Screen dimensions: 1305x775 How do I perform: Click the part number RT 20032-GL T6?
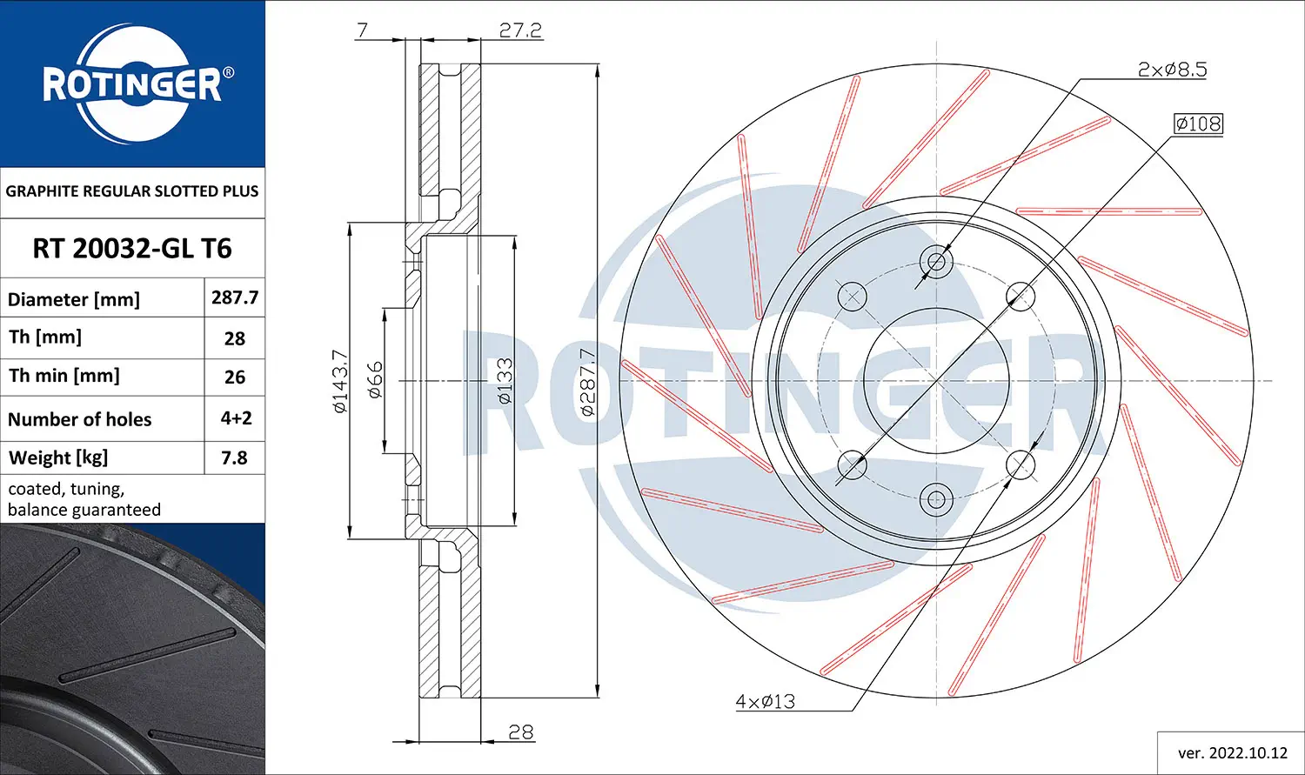pyautogui.click(x=132, y=249)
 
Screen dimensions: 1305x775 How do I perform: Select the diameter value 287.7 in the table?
pyautogui.click(x=235, y=297)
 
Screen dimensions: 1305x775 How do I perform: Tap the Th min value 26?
pyautogui.click(x=235, y=377)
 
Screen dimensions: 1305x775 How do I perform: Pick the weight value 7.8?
pyautogui.click(x=234, y=458)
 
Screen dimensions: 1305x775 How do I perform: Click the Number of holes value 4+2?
pyautogui.click(x=236, y=418)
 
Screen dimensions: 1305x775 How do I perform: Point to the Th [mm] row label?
pyautogui.click(x=45, y=337)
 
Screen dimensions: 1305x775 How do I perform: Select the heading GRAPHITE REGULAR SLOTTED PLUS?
pyautogui.click(x=132, y=191)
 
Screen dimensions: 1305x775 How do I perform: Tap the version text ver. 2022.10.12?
pyautogui.click(x=1232, y=753)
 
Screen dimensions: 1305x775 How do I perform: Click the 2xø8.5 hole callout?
pyautogui.click(x=1172, y=70)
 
